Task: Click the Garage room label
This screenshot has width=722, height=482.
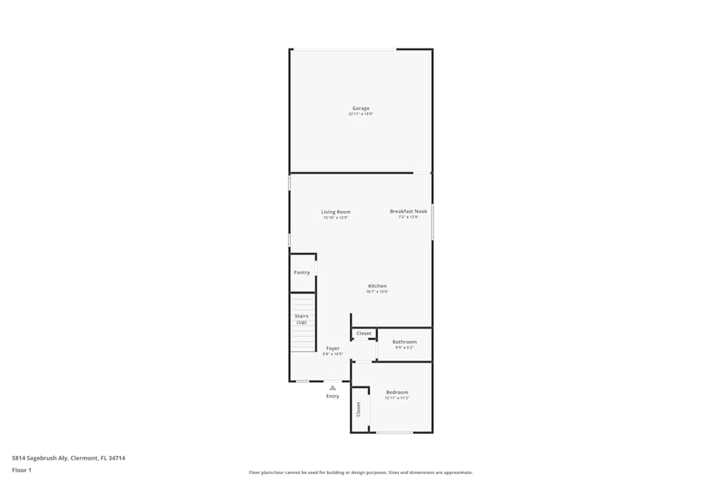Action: (361, 108)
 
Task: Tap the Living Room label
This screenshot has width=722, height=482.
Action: (336, 212)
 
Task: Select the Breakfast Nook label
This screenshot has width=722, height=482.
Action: (408, 211)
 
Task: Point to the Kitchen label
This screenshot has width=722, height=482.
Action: (377, 286)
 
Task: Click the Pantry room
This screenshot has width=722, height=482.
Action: (302, 272)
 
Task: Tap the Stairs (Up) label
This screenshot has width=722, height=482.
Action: (302, 319)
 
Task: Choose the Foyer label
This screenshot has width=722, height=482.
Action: (332, 348)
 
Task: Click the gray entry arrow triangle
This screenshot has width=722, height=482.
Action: (332, 388)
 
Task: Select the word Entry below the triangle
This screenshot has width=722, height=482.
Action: (332, 396)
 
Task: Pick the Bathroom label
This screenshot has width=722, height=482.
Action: (404, 342)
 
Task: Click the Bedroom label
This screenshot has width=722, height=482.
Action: (397, 392)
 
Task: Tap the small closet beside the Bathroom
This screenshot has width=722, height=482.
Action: (364, 333)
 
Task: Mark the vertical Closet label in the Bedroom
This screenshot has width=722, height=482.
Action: (358, 410)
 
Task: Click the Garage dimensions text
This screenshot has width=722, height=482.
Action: (361, 114)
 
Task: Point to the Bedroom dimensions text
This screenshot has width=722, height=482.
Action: (397, 398)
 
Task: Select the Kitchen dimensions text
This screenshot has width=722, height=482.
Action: (377, 292)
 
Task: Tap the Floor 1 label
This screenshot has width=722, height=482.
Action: (22, 470)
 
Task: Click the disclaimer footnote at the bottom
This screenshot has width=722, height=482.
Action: (361, 472)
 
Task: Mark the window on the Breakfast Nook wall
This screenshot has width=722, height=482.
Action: (432, 222)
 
